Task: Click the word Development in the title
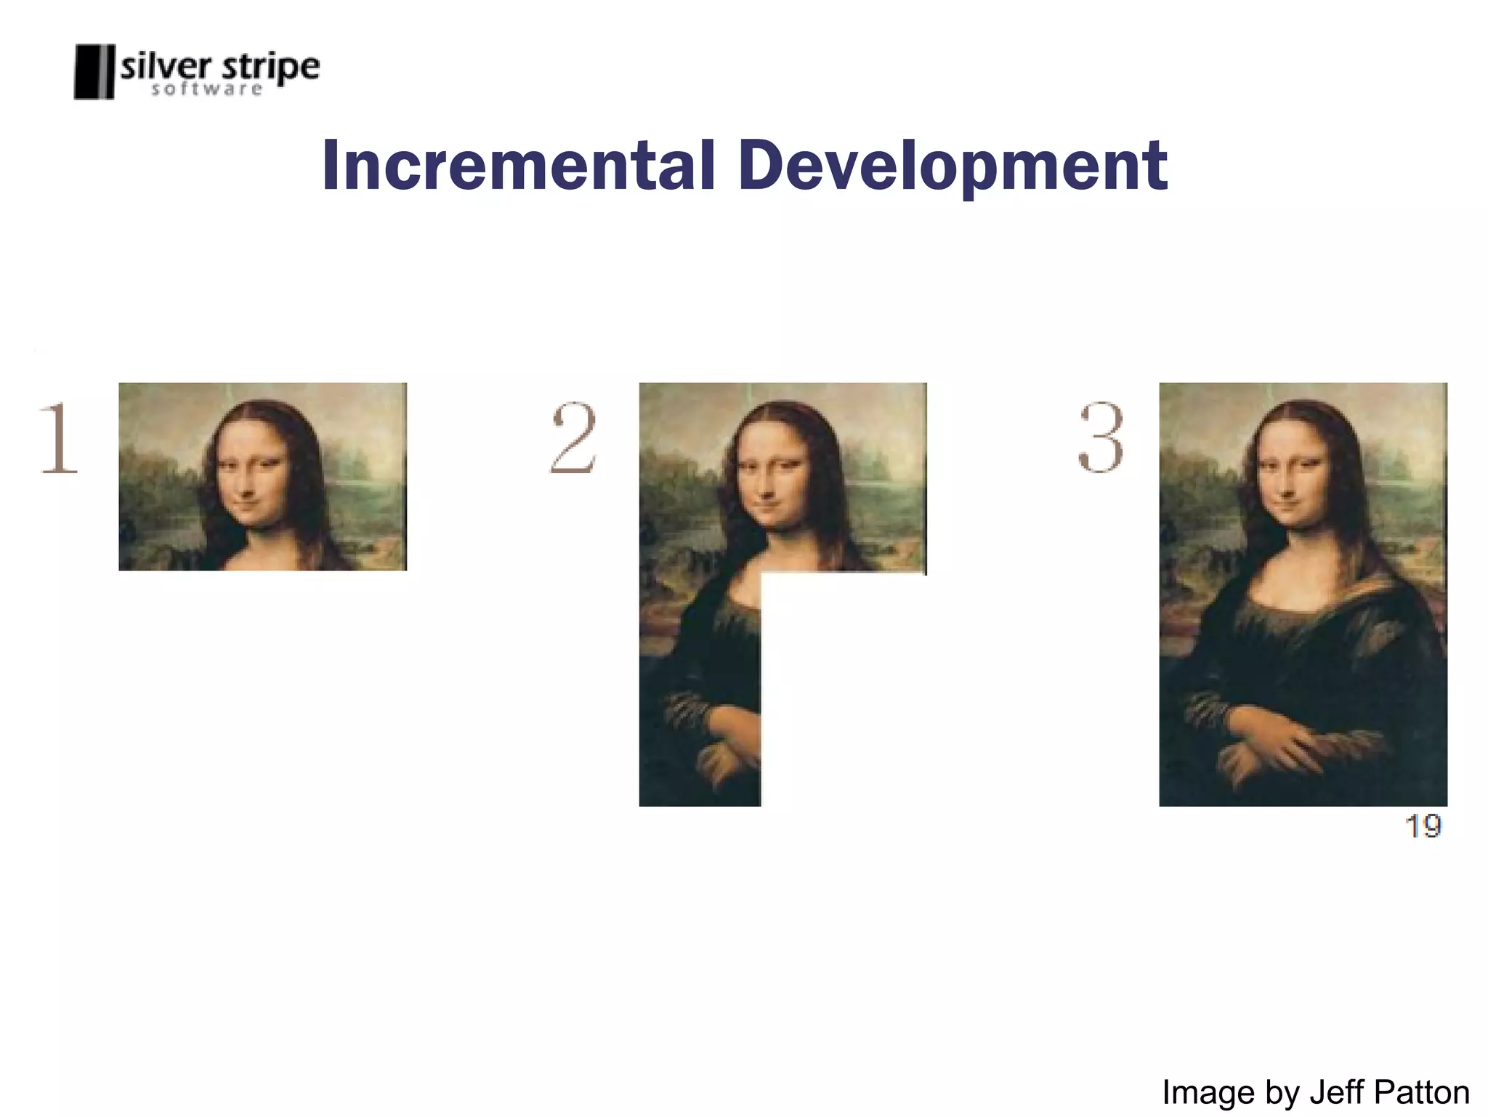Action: click(953, 167)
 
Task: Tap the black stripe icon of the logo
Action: click(94, 71)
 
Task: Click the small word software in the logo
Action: click(207, 89)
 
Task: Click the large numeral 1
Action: click(58, 438)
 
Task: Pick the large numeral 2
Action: click(574, 438)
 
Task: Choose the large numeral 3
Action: click(1101, 438)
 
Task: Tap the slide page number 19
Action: click(1423, 826)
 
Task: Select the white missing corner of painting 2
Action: click(843, 690)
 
